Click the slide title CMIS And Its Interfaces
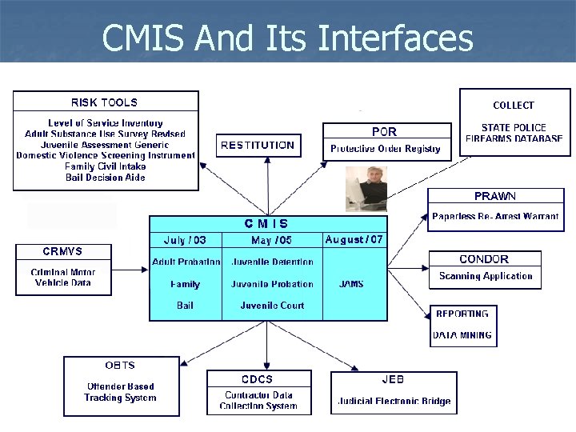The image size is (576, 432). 288,37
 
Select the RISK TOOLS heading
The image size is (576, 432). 104,102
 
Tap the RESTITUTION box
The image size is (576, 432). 257,146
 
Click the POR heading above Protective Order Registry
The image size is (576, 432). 384,131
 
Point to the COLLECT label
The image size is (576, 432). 513,106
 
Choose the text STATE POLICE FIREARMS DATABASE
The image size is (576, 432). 514,133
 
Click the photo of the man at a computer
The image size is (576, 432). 366,189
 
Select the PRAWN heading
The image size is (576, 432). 494,196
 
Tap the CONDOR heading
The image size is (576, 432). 484,259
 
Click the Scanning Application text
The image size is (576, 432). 486,276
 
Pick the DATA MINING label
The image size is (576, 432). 462,335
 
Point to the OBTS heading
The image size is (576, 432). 120,366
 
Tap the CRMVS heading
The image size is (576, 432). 62,252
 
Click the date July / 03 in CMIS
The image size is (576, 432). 185,240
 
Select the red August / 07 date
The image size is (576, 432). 354,239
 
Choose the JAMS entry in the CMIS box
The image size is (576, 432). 351,284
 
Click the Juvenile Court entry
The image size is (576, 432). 272,306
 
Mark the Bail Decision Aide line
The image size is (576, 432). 105,178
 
